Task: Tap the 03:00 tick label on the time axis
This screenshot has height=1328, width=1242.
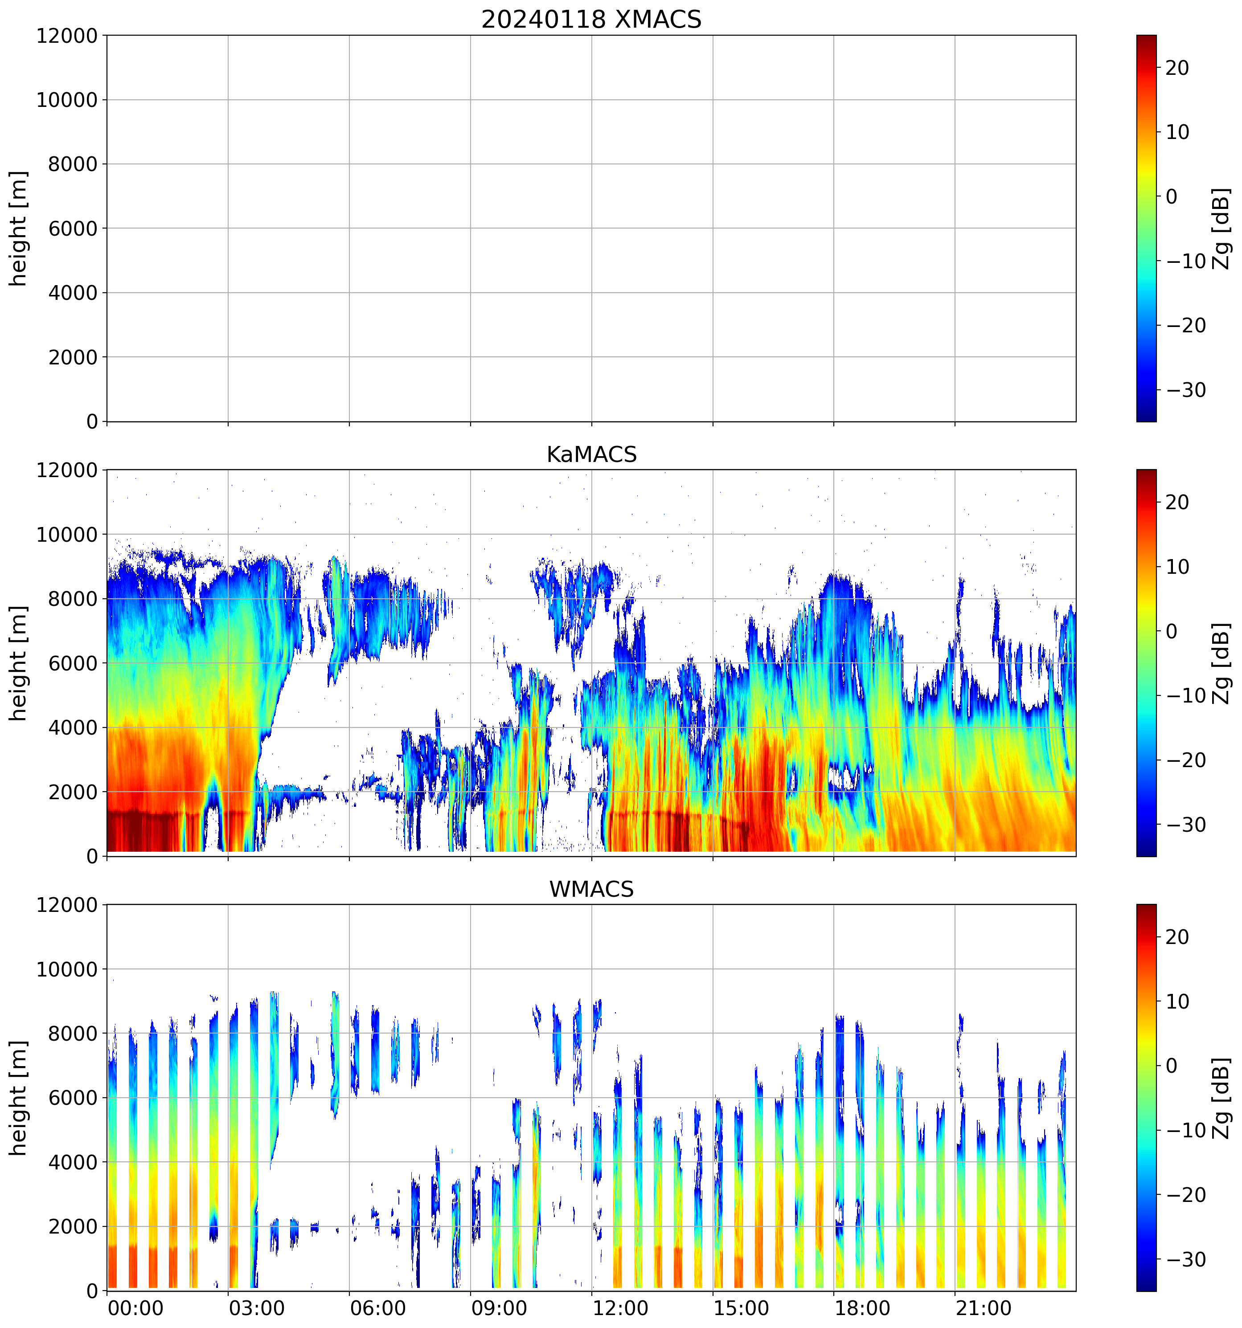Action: [257, 1308]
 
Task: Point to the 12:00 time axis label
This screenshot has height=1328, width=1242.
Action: [620, 1308]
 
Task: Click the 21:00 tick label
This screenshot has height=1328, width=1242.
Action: [983, 1308]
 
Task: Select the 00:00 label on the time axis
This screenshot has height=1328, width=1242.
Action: [135, 1308]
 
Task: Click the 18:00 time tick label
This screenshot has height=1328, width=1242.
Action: [862, 1308]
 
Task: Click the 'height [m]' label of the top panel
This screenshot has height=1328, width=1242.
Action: [19, 229]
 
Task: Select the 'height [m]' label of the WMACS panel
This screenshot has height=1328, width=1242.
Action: [19, 1098]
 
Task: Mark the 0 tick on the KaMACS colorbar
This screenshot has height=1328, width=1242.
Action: [1171, 631]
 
